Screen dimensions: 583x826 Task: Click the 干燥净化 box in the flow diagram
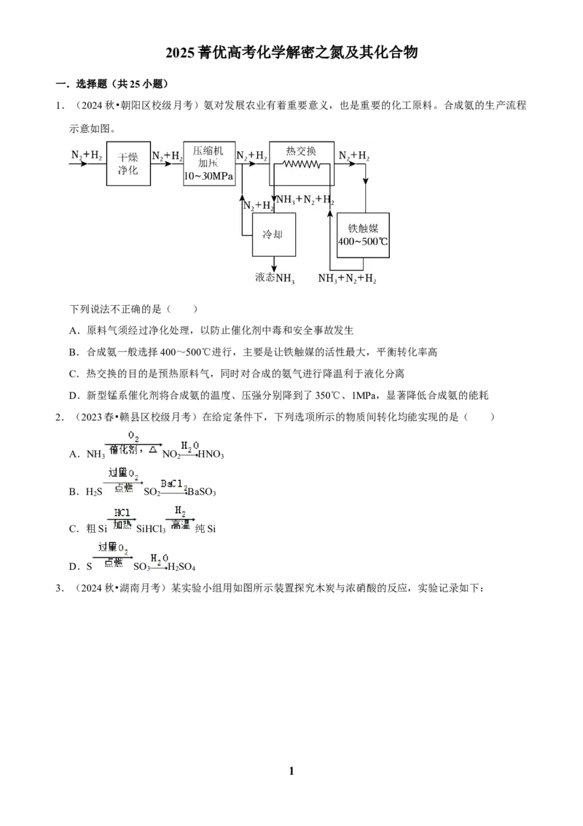click(x=128, y=163)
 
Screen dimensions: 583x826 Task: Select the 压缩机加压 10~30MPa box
click(x=209, y=163)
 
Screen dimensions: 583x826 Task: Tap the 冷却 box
click(x=273, y=234)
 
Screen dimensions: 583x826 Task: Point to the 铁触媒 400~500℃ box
click(x=363, y=235)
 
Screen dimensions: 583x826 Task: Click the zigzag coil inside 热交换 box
click(x=302, y=164)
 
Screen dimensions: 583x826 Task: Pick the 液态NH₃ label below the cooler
click(x=275, y=277)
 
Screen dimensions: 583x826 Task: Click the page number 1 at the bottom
click(x=291, y=771)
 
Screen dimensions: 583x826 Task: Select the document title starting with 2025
click(x=291, y=52)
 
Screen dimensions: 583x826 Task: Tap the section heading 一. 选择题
click(x=112, y=84)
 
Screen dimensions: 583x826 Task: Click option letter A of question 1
click(x=74, y=331)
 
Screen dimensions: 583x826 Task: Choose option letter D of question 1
click(x=74, y=395)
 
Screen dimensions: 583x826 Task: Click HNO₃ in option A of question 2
click(x=211, y=454)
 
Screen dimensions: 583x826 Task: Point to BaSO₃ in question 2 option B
click(x=202, y=492)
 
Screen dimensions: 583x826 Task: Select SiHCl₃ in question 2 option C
click(x=151, y=529)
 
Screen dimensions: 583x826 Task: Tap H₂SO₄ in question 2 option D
click(x=181, y=567)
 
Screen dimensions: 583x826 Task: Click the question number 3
click(x=60, y=588)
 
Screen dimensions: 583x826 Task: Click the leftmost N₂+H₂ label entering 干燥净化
click(x=87, y=155)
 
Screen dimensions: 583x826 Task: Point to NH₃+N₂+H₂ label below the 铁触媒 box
click(x=348, y=278)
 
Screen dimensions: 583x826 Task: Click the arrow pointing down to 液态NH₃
click(x=273, y=264)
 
